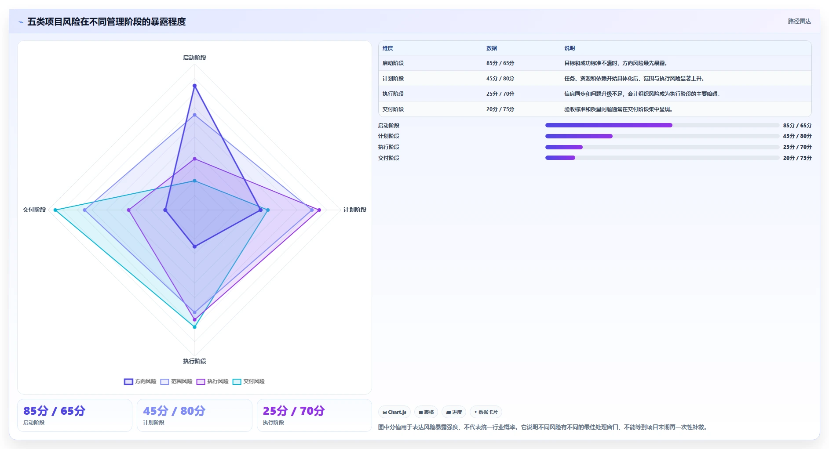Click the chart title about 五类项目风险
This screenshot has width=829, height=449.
pyautogui.click(x=106, y=22)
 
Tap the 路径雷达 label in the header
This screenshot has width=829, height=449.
pyautogui.click(x=799, y=21)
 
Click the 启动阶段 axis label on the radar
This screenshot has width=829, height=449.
pyautogui.click(x=194, y=58)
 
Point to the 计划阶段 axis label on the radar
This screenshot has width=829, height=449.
pyautogui.click(x=354, y=210)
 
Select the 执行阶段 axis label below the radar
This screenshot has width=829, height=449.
pyautogui.click(x=194, y=361)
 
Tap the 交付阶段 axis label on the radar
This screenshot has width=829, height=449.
pyautogui.click(x=34, y=210)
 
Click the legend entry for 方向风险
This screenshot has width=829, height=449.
pyautogui.click(x=140, y=381)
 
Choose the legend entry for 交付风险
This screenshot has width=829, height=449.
pyautogui.click(x=248, y=381)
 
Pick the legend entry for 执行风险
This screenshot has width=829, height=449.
pyautogui.click(x=212, y=381)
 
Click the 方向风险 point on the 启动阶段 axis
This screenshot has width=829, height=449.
pyautogui.click(x=194, y=86)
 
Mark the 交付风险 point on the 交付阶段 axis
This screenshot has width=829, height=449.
pyautogui.click(x=55, y=210)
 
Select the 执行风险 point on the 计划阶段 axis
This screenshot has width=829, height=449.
pyautogui.click(x=319, y=210)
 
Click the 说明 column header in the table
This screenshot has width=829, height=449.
pyautogui.click(x=570, y=48)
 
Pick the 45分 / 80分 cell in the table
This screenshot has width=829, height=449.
pyautogui.click(x=500, y=79)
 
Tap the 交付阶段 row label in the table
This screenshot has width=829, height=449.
pyautogui.click(x=393, y=109)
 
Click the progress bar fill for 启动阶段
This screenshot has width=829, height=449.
pyautogui.click(x=609, y=125)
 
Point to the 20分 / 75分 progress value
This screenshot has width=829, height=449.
pyautogui.click(x=797, y=158)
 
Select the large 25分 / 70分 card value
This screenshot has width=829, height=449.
pyautogui.click(x=294, y=411)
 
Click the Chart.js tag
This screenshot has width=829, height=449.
pyautogui.click(x=394, y=412)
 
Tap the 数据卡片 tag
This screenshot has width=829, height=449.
pyautogui.click(x=486, y=412)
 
